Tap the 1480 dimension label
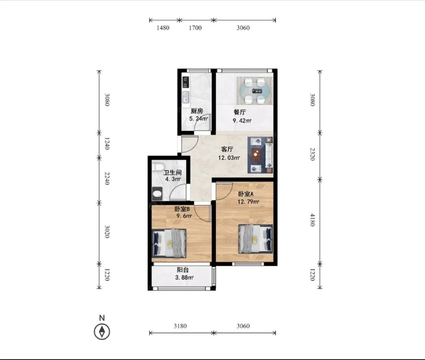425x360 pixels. coord(163,28)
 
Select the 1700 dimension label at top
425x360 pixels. coord(195,28)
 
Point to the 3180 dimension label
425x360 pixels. coord(180,326)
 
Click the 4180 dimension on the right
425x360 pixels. coord(312,220)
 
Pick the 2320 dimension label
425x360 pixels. coord(312,154)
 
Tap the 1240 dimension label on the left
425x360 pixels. coord(107,144)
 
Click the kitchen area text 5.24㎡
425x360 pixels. coord(199,118)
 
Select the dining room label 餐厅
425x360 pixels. coord(240,112)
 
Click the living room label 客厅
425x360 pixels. coord(227,150)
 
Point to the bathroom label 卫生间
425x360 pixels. coord(172,172)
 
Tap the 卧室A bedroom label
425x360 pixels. coord(246,194)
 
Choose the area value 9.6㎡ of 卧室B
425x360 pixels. coord(184,216)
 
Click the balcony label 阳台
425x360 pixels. coord(183,270)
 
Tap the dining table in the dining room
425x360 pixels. coord(255,91)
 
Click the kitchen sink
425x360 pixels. coord(186,97)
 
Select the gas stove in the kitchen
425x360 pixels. coord(186,82)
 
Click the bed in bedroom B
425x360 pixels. coord(169,243)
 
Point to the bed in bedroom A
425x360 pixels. coord(256,239)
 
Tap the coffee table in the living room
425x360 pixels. coord(255,155)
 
